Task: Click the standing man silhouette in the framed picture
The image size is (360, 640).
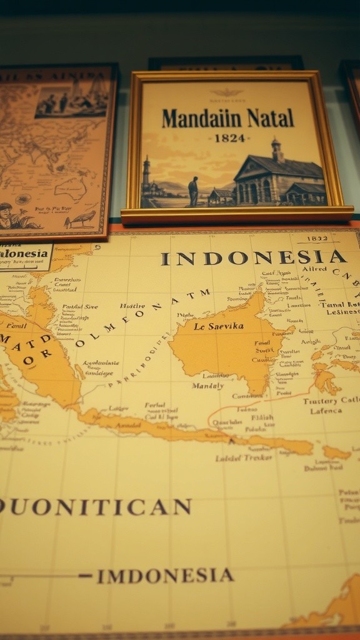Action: [194, 191]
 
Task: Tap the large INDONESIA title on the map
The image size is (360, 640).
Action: [253, 257]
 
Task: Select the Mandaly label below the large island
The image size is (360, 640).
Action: [207, 386]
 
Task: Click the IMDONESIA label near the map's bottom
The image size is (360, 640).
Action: [165, 576]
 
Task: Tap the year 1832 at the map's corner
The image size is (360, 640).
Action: [318, 239]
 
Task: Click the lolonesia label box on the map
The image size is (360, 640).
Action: [25, 254]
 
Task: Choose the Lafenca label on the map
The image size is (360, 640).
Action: [326, 411]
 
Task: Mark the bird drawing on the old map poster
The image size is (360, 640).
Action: [81, 219]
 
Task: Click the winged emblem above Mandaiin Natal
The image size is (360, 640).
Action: [226, 93]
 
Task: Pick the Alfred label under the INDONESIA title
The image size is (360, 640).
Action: [314, 269]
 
